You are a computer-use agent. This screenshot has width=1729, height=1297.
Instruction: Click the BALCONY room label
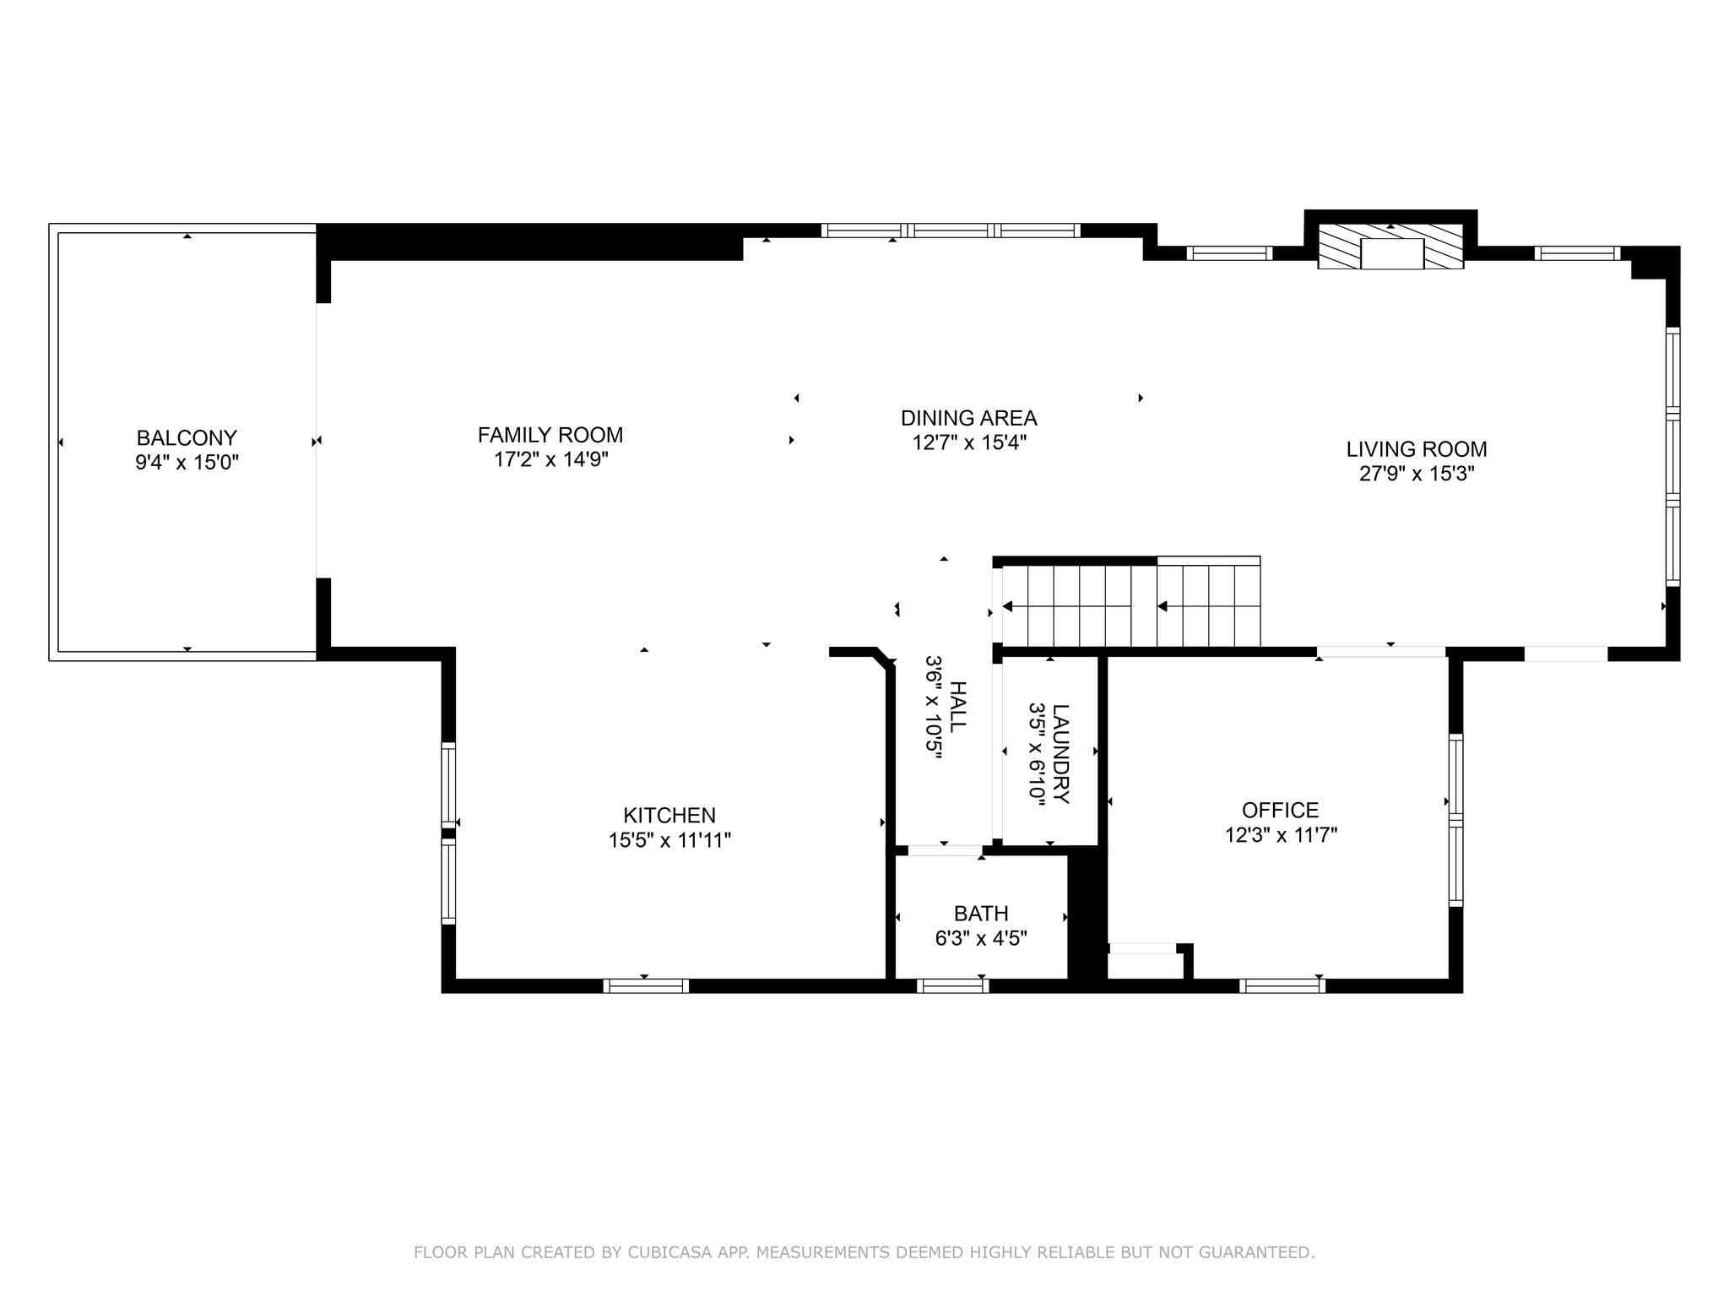coord(187,438)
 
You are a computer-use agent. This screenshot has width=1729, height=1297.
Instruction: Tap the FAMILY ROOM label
coord(550,435)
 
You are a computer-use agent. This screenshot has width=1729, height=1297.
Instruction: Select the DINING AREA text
coord(969,418)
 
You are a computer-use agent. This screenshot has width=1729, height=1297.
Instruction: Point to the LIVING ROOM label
coord(1417,449)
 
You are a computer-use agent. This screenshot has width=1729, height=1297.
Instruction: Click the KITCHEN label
coord(669,816)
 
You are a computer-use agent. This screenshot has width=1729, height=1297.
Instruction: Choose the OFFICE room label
coord(1281,811)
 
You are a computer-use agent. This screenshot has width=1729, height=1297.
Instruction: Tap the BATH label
coord(981,914)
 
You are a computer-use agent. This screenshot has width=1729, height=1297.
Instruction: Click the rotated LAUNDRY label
coord(1061,754)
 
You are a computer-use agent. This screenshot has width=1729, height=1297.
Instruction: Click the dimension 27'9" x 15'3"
coord(1417,474)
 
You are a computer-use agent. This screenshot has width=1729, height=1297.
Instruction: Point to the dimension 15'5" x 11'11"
coord(669,840)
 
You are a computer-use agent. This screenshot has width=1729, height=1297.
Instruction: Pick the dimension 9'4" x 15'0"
coord(187,463)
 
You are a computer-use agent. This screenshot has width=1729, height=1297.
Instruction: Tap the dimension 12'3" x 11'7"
coord(1281,835)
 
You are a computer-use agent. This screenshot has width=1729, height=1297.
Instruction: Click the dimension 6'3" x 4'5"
coord(981,938)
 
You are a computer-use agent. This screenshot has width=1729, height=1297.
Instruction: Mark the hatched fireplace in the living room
coord(1391,247)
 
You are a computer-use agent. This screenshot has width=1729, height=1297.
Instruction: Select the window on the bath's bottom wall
coord(952,985)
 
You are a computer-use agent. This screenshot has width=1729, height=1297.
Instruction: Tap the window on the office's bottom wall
coord(1282,985)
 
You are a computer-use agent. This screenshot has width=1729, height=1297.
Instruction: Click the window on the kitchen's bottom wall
coord(646,985)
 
